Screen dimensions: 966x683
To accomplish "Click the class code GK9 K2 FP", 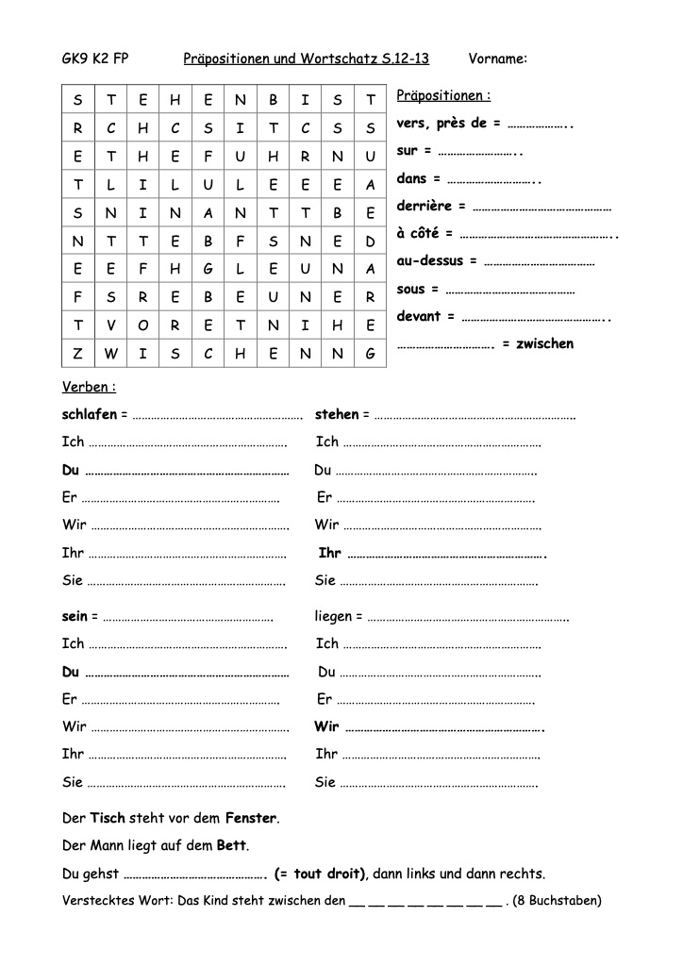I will click(x=95, y=58).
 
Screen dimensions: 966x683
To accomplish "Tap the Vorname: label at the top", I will click(x=497, y=58).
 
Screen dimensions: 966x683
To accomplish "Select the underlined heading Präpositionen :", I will click(x=443, y=96).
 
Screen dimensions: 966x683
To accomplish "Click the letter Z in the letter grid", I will click(x=77, y=354).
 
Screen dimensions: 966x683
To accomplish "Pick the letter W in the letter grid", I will click(x=110, y=354).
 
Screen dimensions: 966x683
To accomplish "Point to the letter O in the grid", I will click(x=142, y=325).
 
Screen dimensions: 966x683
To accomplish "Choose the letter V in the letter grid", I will click(x=110, y=325).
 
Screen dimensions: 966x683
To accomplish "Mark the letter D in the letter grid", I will click(x=371, y=241).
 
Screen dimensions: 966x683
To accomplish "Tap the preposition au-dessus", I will click(x=430, y=261).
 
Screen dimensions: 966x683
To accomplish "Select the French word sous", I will click(x=411, y=289).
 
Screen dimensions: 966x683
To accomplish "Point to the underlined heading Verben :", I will click(x=89, y=387).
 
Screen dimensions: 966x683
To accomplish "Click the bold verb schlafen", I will click(x=90, y=414).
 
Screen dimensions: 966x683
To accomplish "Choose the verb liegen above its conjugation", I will click(x=333, y=616).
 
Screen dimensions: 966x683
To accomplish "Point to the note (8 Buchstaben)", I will click(x=558, y=901).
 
